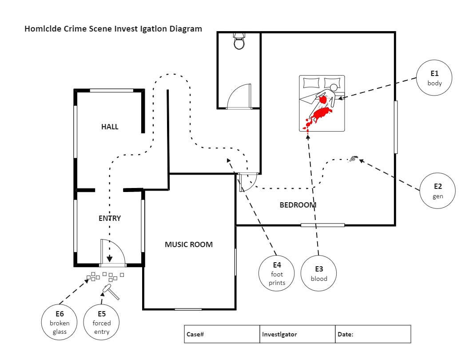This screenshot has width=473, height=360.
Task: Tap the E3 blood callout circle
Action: click(318, 273)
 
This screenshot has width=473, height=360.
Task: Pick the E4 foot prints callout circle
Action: click(277, 273)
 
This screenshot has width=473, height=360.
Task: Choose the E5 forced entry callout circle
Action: click(102, 322)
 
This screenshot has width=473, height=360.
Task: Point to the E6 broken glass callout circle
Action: click(60, 322)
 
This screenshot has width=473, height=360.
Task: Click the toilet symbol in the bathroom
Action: click(239, 41)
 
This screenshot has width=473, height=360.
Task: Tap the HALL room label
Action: click(110, 127)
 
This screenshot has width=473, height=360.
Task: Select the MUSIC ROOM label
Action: click(189, 244)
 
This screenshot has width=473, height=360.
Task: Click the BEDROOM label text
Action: click(298, 205)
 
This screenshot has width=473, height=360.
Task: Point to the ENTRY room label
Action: click(110, 218)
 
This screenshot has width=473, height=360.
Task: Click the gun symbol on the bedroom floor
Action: click(353, 158)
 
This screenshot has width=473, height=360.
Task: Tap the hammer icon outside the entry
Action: click(109, 291)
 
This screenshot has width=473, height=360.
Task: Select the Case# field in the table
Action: click(222, 334)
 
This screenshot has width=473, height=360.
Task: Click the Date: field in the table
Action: click(373, 334)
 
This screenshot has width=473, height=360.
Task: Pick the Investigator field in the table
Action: click(297, 334)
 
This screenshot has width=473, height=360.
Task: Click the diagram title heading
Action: click(113, 29)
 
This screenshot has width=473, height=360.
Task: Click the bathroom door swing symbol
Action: click(238, 97)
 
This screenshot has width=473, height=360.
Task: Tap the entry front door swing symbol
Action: click(112, 253)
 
